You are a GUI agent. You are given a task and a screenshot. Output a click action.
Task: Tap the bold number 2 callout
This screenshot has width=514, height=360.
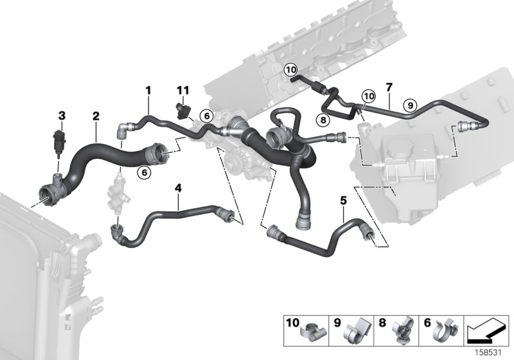(96, 116)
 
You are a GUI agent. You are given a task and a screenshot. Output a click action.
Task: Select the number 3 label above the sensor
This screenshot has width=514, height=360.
(62, 116)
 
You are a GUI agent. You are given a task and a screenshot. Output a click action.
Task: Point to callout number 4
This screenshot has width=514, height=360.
(178, 188)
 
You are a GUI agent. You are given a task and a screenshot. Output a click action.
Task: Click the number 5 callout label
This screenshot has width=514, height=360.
(343, 201)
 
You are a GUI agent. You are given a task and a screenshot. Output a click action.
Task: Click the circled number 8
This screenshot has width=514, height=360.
(323, 119)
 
